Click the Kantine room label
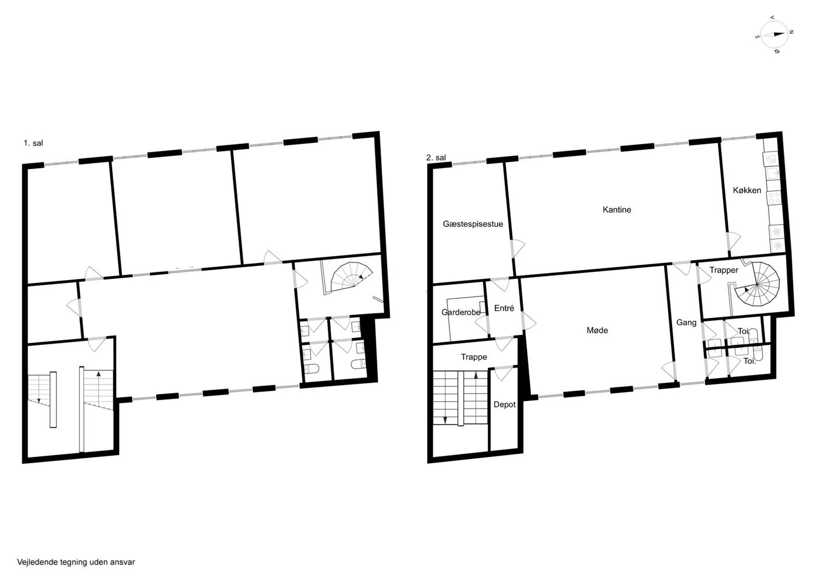coord(616,209)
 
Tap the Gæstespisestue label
coord(473,224)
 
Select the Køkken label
coord(747,190)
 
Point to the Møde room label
coord(597,330)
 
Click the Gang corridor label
coord(686,323)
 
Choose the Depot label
coord(504,404)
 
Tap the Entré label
coord(504,308)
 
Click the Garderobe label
coord(460,312)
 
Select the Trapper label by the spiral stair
coord(724,270)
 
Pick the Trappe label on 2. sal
coord(474,357)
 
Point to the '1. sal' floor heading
coord(33,143)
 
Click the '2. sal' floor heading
coord(436,158)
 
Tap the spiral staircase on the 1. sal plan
coord(351,276)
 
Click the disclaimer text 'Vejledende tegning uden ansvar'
coord(76,562)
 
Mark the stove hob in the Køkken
coord(774,198)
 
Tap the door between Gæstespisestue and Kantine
coord(517,249)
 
